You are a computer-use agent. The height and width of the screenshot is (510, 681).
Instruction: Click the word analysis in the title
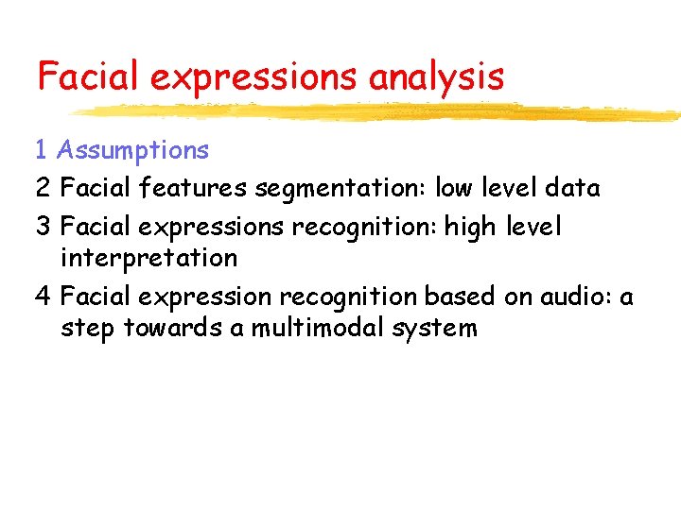click(x=436, y=76)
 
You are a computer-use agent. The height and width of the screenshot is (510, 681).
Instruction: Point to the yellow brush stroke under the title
click(x=378, y=112)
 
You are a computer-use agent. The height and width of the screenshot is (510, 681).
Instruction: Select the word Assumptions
click(x=132, y=150)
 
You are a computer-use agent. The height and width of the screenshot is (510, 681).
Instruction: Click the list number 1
click(x=42, y=150)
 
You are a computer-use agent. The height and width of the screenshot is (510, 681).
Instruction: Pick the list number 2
click(x=43, y=189)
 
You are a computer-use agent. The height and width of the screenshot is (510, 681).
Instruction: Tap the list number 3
click(x=43, y=228)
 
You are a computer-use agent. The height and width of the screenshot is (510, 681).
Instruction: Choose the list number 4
click(x=43, y=297)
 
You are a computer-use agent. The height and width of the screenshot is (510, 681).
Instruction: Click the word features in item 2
click(x=194, y=189)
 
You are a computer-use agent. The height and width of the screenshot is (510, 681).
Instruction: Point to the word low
click(x=455, y=189)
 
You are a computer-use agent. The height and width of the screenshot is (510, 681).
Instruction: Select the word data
click(x=573, y=189)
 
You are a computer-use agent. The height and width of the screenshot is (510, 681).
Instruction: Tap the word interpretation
click(x=148, y=258)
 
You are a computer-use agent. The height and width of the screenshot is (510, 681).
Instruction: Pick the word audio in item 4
click(x=577, y=297)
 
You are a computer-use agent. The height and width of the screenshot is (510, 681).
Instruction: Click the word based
click(x=455, y=297)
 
